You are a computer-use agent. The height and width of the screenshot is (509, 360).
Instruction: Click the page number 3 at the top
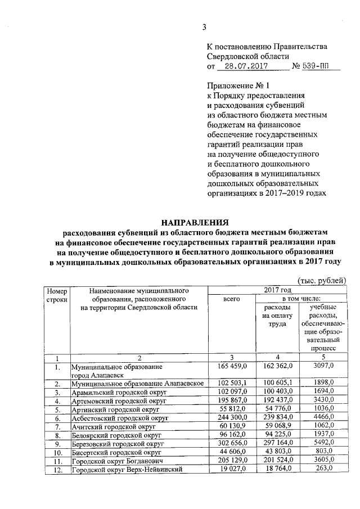click(205, 27)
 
